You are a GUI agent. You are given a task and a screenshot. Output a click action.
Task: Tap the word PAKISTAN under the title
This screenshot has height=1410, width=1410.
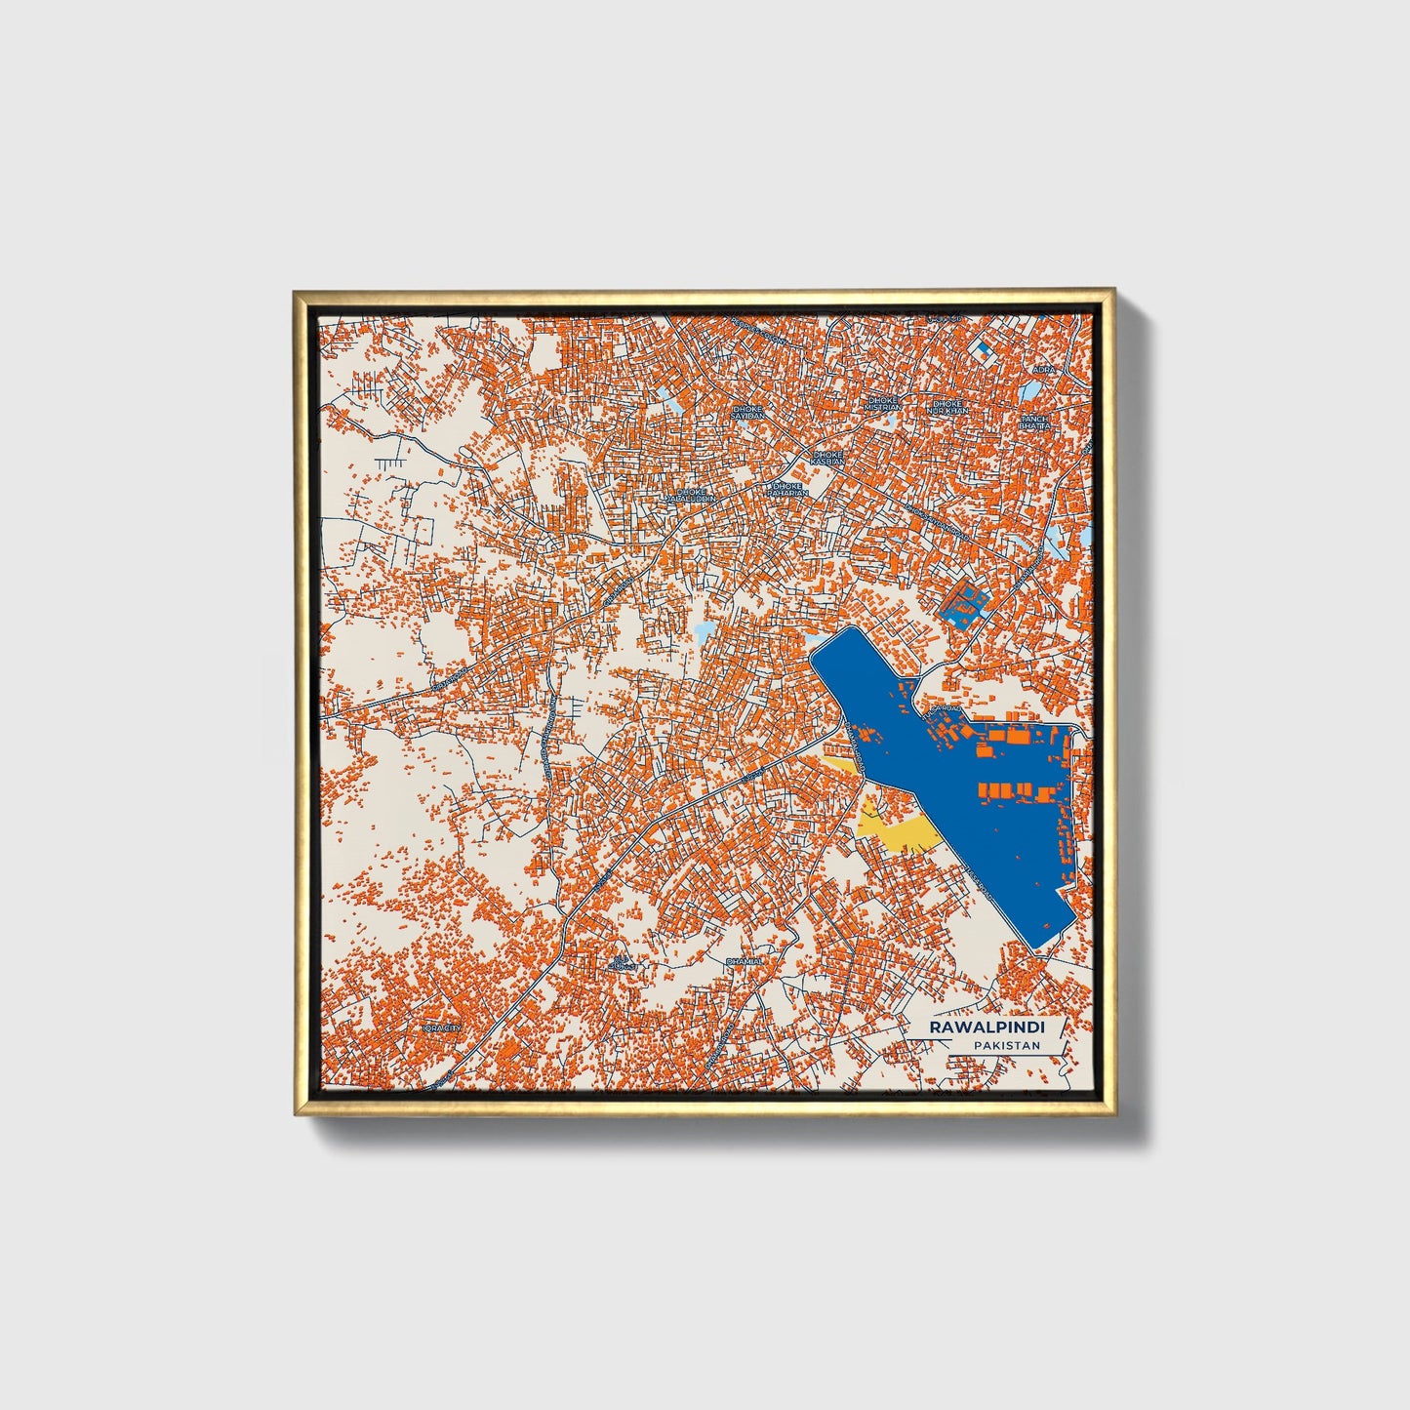(x=1006, y=1045)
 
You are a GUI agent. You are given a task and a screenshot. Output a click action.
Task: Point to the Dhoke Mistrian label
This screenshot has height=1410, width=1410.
(x=882, y=403)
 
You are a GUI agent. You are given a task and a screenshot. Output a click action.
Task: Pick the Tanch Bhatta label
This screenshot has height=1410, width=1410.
(x=1034, y=423)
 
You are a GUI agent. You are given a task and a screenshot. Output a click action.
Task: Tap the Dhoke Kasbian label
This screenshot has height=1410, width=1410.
(x=827, y=458)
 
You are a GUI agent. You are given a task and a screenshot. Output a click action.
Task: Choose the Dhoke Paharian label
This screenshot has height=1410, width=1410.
(x=786, y=489)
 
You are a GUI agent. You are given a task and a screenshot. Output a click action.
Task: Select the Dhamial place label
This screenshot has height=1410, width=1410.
(x=745, y=961)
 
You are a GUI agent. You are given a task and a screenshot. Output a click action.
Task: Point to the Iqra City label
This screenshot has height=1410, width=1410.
(x=440, y=1027)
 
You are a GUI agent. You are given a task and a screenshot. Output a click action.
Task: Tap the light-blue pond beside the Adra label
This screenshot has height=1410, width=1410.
(x=1028, y=392)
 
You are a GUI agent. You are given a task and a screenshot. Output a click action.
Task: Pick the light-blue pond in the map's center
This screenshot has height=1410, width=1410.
(x=703, y=632)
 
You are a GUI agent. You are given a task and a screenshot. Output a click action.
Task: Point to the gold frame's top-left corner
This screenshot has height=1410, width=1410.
(x=296, y=292)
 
